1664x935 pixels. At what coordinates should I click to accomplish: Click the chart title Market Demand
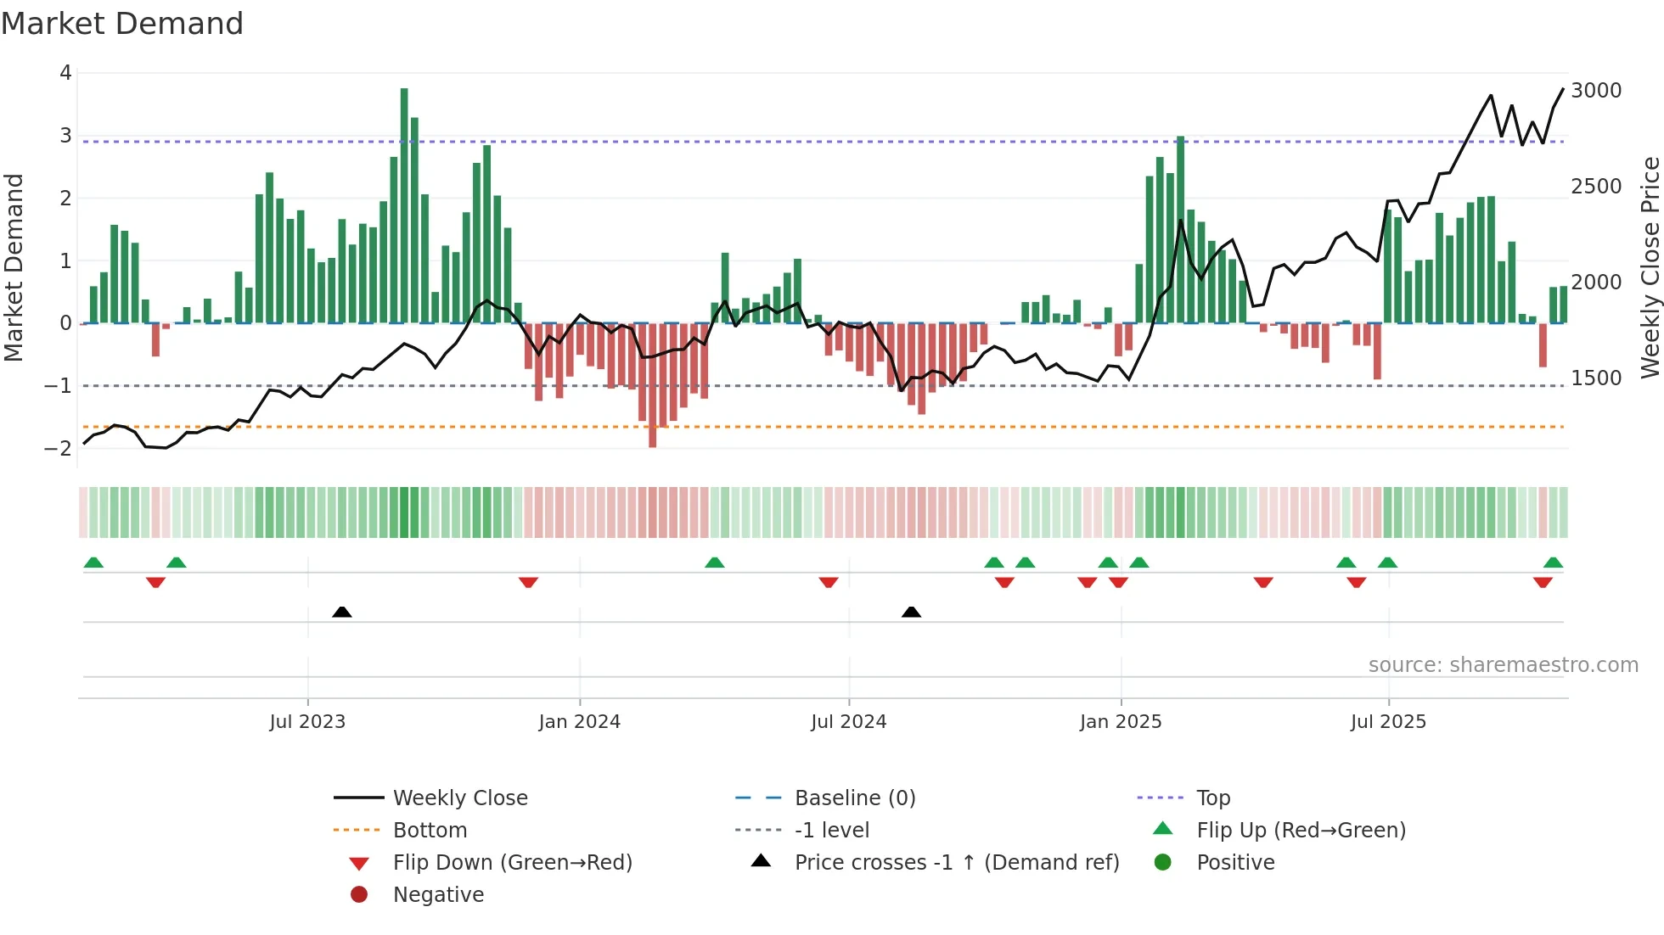coord(122,24)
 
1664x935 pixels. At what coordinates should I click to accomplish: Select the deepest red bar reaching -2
coord(652,385)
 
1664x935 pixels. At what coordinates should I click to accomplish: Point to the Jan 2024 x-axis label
coord(579,722)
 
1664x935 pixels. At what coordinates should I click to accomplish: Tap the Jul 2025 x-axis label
coord(1388,722)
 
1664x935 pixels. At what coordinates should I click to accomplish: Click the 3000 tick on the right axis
coord(1596,91)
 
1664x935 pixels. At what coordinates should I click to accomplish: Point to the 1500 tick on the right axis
coord(1596,378)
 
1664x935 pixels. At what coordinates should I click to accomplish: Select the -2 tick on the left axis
coord(59,449)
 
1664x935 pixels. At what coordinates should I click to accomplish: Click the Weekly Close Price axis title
coord(1650,267)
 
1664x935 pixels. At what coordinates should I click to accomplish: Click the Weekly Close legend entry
coord(459,798)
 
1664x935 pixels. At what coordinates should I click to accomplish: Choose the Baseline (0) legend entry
coord(854,798)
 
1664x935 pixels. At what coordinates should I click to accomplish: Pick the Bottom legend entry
coord(430,831)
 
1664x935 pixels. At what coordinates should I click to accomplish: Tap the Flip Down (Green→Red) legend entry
coord(512,863)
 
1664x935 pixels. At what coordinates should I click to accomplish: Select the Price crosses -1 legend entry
coord(956,863)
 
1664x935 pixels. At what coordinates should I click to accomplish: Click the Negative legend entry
coord(438,895)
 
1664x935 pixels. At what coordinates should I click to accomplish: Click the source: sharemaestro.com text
coord(1503,665)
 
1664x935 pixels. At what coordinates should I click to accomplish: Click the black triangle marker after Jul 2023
coord(342,612)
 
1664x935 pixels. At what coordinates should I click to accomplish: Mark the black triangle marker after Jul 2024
coord(911,612)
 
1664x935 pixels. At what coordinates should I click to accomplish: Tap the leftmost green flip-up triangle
coord(93,563)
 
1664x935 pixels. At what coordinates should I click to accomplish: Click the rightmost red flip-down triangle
coord(1543,582)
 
